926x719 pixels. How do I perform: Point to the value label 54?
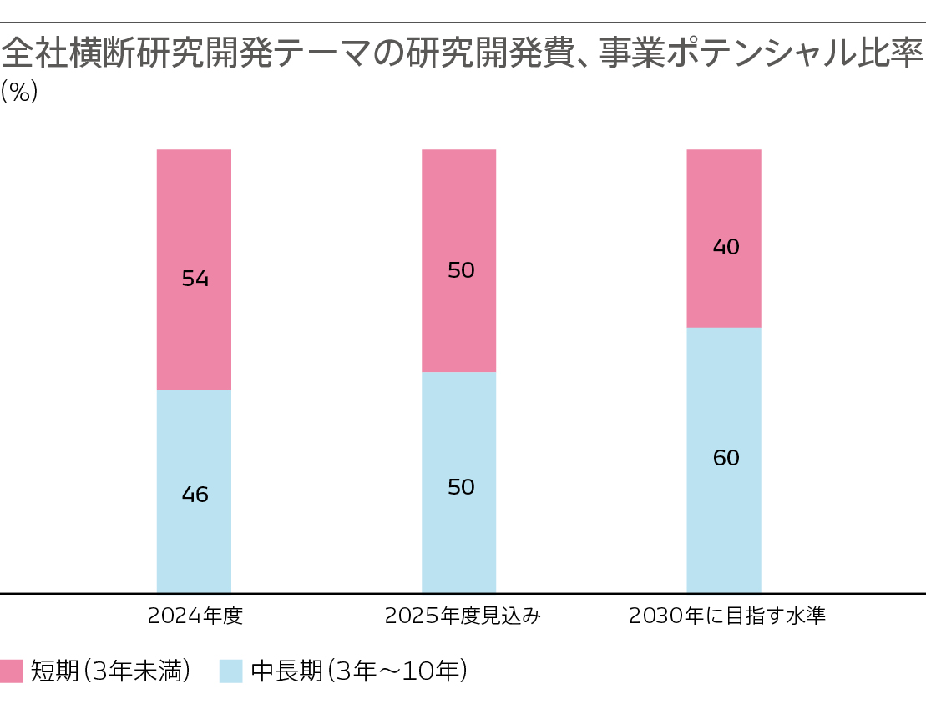[195, 279]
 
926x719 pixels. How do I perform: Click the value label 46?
[195, 495]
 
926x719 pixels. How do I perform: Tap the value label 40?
[726, 247]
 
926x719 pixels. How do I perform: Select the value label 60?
[726, 458]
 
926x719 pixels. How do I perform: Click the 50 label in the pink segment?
[461, 270]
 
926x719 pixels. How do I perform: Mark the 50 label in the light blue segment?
[461, 487]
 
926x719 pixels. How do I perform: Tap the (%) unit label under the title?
[19, 92]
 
